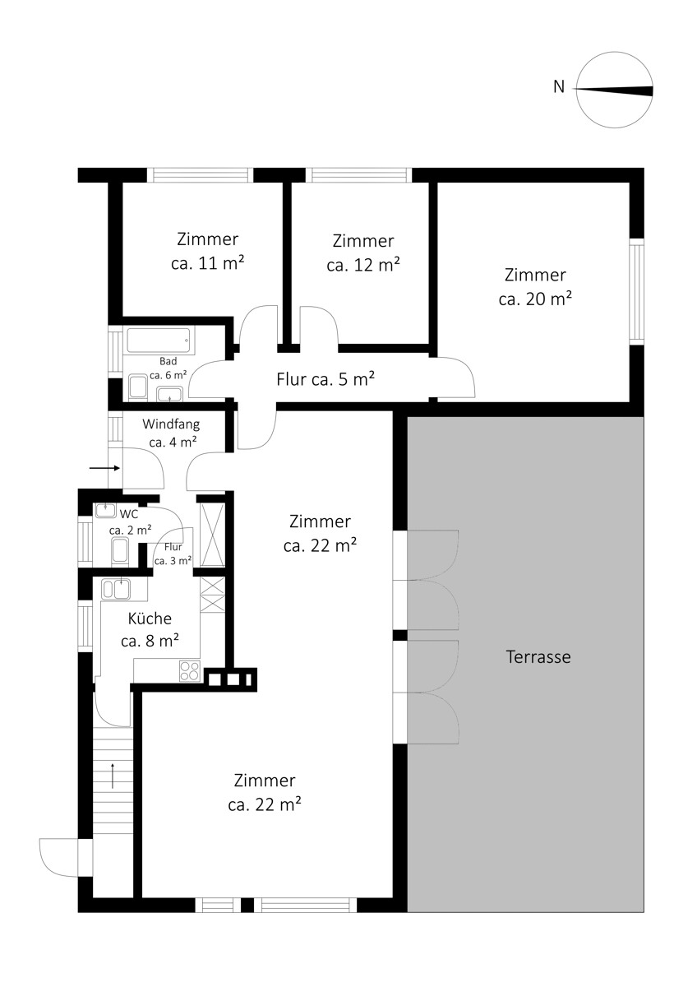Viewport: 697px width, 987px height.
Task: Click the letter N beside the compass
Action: click(559, 87)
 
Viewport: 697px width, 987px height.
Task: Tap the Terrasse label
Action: click(538, 656)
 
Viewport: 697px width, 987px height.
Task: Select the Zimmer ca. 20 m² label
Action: click(535, 287)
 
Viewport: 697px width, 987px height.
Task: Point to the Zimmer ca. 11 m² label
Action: click(207, 251)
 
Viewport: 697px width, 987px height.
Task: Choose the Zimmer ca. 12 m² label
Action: click(363, 253)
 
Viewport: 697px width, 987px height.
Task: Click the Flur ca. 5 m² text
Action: click(325, 379)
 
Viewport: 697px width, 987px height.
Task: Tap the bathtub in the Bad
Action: click(159, 341)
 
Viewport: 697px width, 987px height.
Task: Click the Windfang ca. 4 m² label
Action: click(171, 433)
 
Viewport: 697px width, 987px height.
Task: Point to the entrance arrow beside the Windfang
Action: click(104, 468)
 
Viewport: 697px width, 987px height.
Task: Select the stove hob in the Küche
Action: click(190, 671)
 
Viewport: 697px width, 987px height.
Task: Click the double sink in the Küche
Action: click(116, 589)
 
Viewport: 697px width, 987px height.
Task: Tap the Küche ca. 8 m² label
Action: click(150, 629)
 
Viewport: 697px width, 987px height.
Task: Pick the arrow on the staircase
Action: click(113, 776)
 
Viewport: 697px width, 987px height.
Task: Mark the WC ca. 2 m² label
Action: click(131, 522)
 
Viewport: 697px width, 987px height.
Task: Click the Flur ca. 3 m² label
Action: click(173, 554)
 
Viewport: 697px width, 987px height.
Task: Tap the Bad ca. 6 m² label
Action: click(168, 368)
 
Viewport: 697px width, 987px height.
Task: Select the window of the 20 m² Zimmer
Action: click(636, 292)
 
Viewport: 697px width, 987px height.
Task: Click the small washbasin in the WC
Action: click(105, 510)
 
